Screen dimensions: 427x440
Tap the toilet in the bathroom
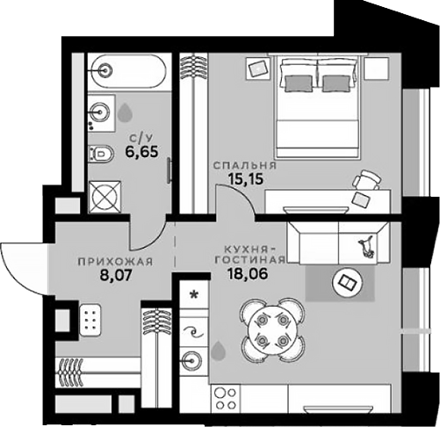[x=100, y=154]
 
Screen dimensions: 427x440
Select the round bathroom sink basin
[x=101, y=111]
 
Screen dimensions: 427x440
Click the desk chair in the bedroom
[x=365, y=180]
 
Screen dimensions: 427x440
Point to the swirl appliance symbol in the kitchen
[x=192, y=331]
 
